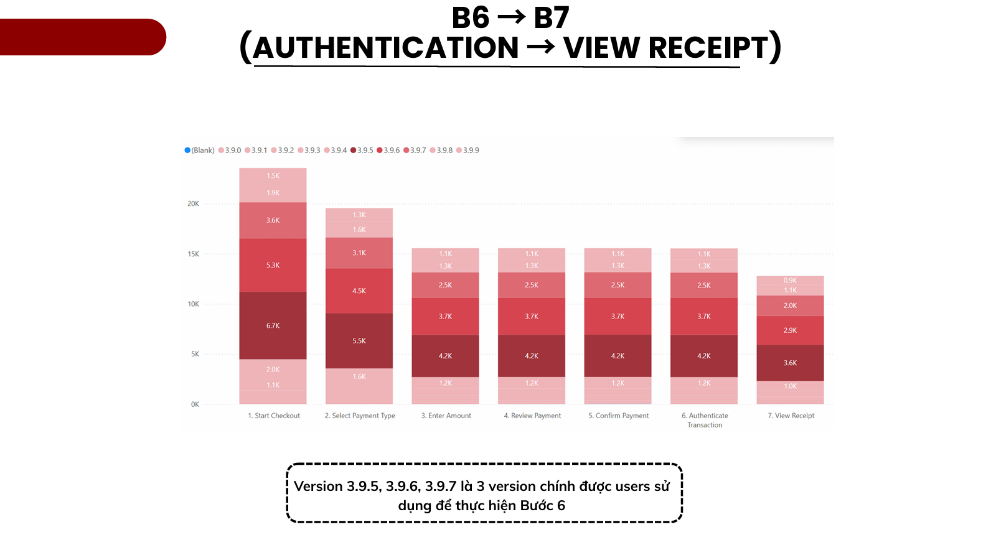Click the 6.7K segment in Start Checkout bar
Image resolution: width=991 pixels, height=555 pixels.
[273, 325]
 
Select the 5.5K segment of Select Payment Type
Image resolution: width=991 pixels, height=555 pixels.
[359, 341]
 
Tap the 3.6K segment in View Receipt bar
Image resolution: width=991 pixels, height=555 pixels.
[790, 363]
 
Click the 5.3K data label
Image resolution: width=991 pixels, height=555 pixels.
[273, 265]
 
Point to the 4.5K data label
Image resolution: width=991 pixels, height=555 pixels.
[359, 291]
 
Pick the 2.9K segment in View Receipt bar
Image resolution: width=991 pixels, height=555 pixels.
[790, 330]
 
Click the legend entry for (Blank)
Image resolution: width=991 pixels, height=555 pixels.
[200, 151]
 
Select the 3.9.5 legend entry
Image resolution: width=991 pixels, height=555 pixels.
[362, 151]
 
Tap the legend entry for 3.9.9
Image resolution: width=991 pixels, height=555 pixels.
[468, 151]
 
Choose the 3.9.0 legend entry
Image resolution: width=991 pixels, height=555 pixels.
[230, 151]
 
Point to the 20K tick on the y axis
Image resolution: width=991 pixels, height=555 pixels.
[194, 203]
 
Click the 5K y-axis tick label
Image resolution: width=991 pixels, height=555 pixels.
[195, 354]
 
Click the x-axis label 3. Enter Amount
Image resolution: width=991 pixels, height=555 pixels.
[446, 416]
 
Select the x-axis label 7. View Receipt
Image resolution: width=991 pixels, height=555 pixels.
[791, 416]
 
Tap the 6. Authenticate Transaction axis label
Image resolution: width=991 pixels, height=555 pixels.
[705, 420]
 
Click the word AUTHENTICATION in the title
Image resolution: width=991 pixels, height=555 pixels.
[386, 48]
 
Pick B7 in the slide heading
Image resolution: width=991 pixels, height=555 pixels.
[552, 17]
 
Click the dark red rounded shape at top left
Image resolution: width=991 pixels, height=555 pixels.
[81, 37]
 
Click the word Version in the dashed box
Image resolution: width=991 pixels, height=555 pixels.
[318, 487]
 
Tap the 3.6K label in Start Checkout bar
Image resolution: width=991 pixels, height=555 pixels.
[273, 220]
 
